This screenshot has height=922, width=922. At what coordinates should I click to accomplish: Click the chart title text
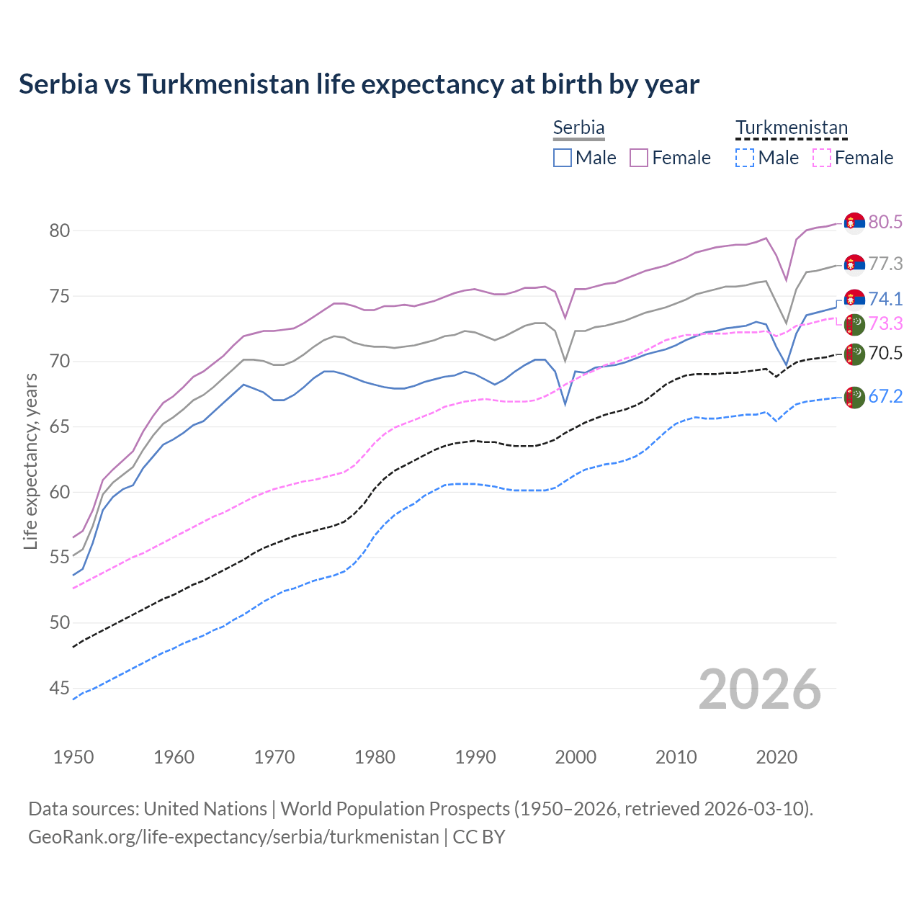(359, 84)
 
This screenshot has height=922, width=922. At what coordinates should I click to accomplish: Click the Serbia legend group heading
(578, 127)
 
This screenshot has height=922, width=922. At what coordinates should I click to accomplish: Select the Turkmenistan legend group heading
(791, 127)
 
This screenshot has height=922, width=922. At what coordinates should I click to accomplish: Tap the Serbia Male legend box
(563, 158)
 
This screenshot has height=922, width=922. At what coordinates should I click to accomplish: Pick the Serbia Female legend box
(639, 158)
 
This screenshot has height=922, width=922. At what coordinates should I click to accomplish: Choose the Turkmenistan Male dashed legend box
(745, 158)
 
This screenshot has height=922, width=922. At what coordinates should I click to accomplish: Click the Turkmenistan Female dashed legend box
(821, 158)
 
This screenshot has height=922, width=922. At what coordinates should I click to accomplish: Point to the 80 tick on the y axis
(59, 230)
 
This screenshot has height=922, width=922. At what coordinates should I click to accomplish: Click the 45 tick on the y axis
(59, 689)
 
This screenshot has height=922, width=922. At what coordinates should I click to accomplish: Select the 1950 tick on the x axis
(73, 757)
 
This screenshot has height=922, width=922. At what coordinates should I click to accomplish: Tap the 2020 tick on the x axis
(776, 757)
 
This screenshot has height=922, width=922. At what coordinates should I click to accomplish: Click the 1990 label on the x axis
(475, 757)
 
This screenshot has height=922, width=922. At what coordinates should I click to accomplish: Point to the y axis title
(30, 461)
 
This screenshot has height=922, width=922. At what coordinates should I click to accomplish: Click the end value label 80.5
(885, 223)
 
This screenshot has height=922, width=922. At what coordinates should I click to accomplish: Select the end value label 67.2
(885, 396)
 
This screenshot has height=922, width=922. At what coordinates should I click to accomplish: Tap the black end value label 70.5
(885, 353)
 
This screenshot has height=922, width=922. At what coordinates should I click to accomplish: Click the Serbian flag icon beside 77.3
(854, 265)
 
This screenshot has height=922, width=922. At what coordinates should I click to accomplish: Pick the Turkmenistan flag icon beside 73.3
(854, 324)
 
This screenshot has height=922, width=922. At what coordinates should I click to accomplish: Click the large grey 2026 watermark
(759, 689)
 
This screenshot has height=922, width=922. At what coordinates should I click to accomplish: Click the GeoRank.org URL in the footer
(233, 837)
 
